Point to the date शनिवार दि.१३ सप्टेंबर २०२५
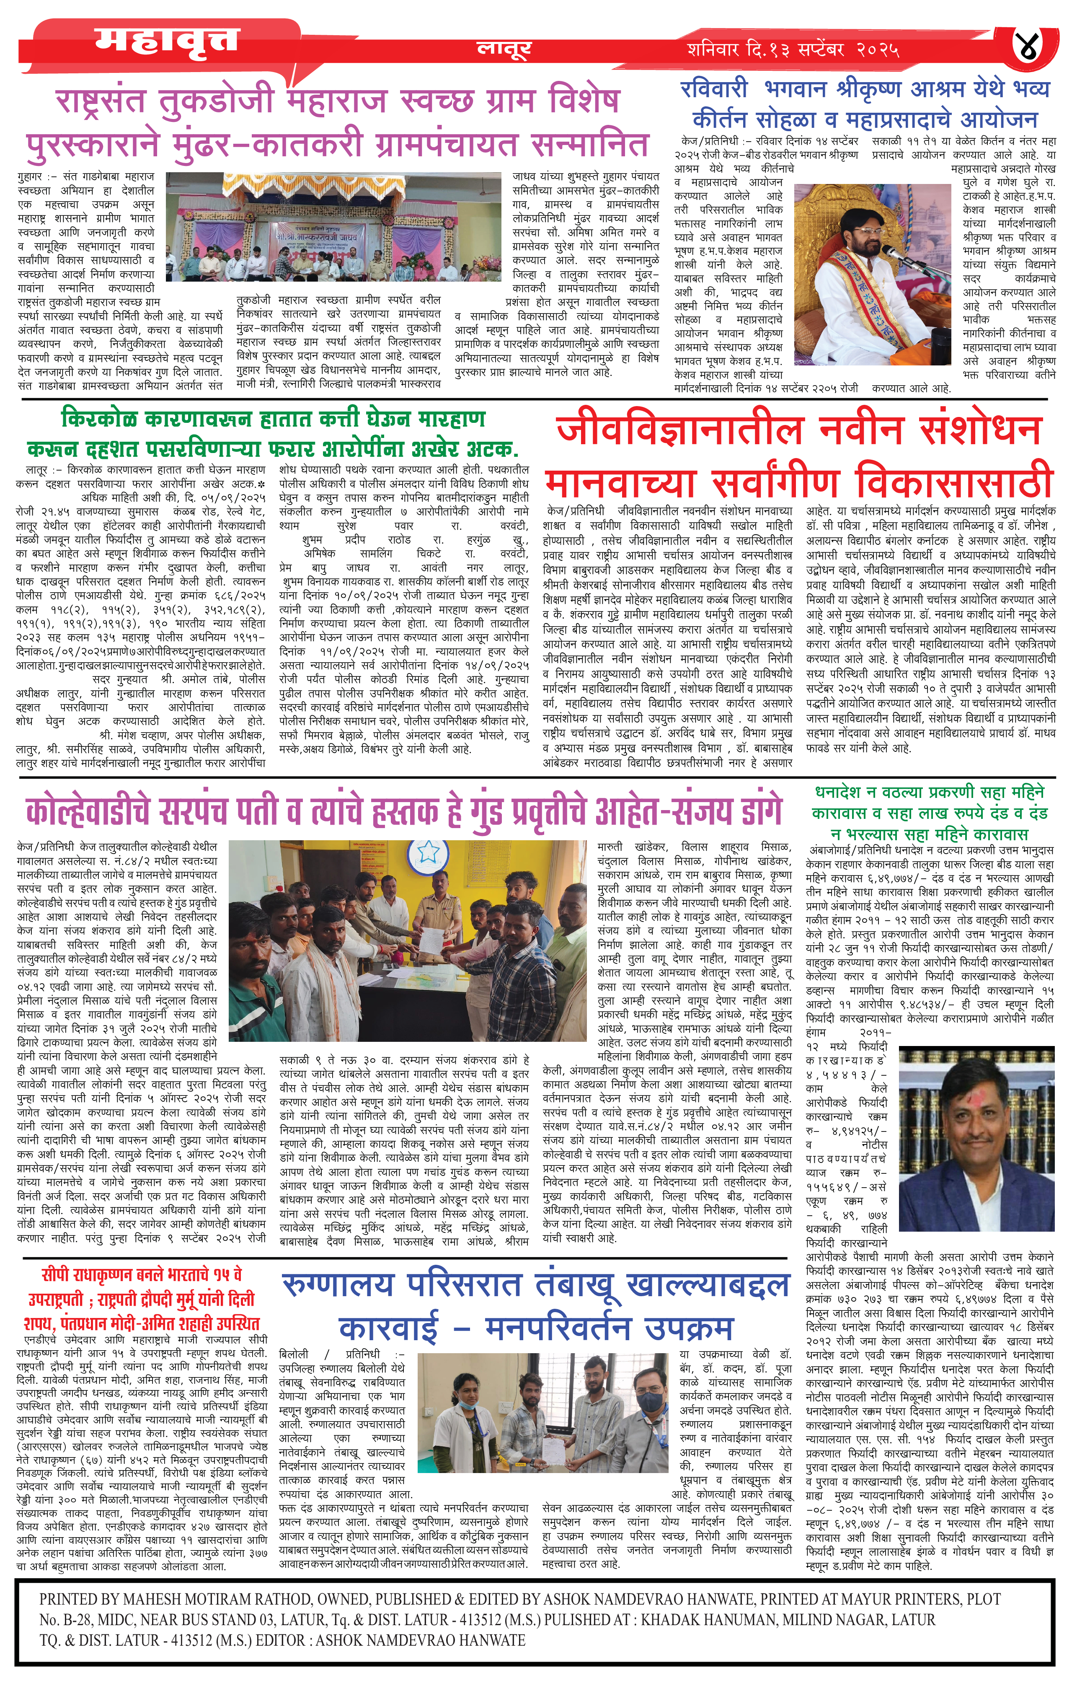pos(793,49)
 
